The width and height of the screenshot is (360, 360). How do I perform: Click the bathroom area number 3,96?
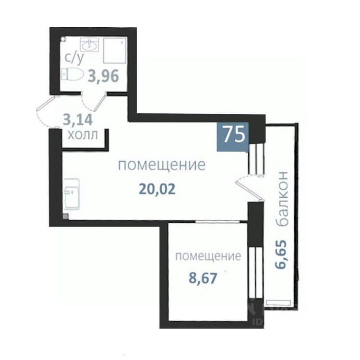point(104,76)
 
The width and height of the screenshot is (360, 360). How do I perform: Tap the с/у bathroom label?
point(74,58)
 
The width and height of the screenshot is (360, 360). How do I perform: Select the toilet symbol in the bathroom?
point(72,74)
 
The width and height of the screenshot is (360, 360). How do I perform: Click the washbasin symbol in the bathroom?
point(90,45)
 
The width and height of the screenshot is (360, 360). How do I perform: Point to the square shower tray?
point(115,50)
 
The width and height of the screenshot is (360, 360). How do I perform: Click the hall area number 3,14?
point(78,120)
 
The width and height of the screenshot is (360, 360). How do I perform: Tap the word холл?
point(83,135)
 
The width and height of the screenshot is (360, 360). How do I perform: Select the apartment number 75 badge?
point(233,136)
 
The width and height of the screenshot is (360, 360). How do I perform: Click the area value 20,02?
point(157,190)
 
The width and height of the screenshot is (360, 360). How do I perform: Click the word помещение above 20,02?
point(162,165)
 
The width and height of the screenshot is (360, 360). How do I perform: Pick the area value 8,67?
point(203,278)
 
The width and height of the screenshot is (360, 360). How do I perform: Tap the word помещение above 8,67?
point(208,256)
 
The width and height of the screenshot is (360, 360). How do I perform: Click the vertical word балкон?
point(282,198)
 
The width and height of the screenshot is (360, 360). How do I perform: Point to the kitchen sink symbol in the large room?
point(72,194)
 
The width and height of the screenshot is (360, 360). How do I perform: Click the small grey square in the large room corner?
point(66,216)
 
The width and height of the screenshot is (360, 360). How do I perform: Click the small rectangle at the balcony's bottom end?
point(278,302)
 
